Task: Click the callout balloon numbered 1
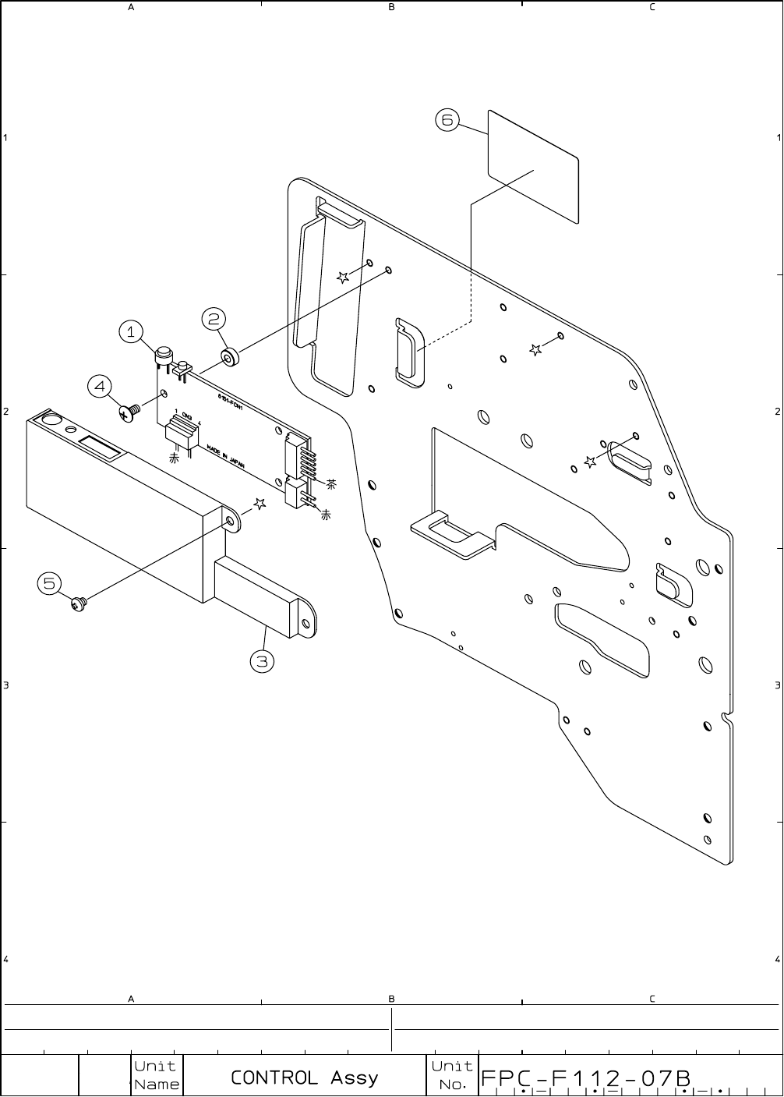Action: click(x=131, y=332)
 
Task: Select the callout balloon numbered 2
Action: click(x=214, y=318)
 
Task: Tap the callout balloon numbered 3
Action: click(x=262, y=662)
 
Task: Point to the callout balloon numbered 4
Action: click(x=99, y=386)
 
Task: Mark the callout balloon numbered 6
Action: click(x=447, y=120)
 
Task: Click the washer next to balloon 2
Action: click(x=229, y=359)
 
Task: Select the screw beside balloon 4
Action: click(x=129, y=412)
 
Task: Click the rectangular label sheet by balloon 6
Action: click(x=533, y=166)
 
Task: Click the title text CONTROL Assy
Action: click(x=304, y=1078)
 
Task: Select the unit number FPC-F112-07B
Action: click(x=587, y=1078)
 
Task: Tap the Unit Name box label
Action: click(x=156, y=1075)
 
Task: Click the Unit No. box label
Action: click(x=452, y=1075)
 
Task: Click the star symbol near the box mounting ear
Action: click(x=260, y=504)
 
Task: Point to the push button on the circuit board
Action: click(x=164, y=355)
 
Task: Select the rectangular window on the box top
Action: click(x=99, y=448)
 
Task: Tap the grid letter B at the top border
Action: click(x=392, y=7)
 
